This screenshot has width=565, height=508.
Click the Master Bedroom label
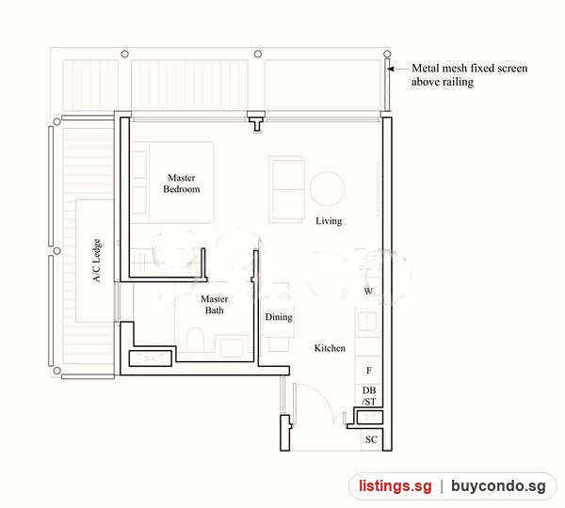click(x=181, y=183)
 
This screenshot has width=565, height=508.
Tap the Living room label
click(x=329, y=221)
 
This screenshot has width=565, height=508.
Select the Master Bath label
click(x=215, y=305)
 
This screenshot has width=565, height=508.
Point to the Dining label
click(x=279, y=317)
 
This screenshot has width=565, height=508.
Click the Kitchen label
click(x=330, y=348)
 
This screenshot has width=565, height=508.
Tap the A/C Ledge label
click(x=97, y=261)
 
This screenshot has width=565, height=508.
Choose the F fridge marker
click(x=369, y=371)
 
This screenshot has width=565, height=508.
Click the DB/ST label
click(x=369, y=396)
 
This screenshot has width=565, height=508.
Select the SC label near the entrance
click(x=371, y=439)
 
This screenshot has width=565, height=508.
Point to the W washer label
click(x=368, y=291)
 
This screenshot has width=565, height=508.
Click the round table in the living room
click(x=327, y=189)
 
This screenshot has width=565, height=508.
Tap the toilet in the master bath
click(x=196, y=340)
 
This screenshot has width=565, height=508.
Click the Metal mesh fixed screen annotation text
click(x=469, y=75)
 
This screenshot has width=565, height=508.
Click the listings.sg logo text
click(x=395, y=486)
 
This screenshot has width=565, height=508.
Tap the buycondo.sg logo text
click(x=498, y=486)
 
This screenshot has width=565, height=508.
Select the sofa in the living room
click(x=287, y=189)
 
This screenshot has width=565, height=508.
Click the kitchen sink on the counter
click(x=367, y=321)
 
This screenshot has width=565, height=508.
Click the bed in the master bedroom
click(x=172, y=183)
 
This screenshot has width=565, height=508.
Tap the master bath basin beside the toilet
click(x=232, y=346)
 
